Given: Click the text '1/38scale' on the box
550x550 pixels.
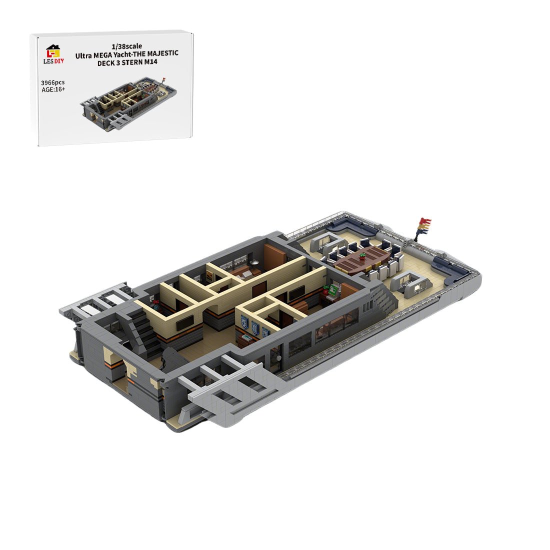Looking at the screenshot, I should click(x=128, y=46).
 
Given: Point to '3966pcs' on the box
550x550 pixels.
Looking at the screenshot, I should click(x=53, y=82).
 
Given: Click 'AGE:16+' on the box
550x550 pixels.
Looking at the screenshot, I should click(x=53, y=90).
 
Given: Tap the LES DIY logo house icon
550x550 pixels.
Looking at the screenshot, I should click(x=53, y=50).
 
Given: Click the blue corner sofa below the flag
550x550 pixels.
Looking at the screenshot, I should click(x=452, y=270).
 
